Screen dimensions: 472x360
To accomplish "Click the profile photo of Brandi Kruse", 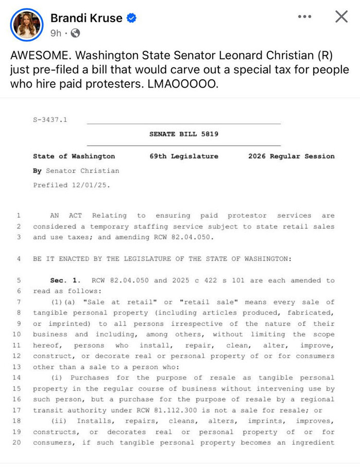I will (x=26, y=25).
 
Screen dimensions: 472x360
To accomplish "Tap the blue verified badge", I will (x=132, y=18).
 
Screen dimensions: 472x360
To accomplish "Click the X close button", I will (x=341, y=17).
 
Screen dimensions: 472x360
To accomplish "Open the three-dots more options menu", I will (x=305, y=17).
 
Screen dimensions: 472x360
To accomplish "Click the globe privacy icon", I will (x=75, y=33).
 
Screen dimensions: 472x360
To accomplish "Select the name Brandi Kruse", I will (x=86, y=18).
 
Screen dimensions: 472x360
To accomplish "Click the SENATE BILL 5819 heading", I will (x=184, y=134).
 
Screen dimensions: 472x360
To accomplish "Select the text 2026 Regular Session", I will (x=291, y=156).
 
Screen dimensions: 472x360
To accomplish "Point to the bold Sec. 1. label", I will (x=65, y=280).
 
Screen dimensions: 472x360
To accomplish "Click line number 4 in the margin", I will (x=19, y=259).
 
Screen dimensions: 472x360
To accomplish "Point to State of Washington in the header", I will (x=74, y=156).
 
